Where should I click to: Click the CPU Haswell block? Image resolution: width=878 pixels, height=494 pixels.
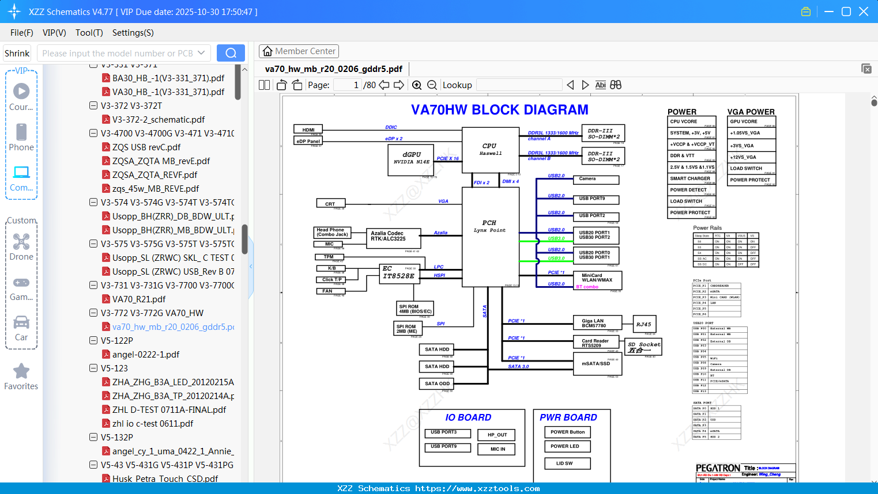(x=490, y=150)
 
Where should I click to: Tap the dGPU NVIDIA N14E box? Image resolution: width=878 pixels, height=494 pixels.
(x=411, y=158)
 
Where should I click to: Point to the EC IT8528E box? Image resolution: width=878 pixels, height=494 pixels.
(x=398, y=273)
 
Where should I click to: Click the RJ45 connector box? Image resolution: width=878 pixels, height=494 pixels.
(x=644, y=325)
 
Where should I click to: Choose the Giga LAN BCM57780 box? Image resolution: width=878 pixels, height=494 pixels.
(x=597, y=323)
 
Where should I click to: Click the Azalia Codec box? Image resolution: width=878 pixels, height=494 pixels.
(x=393, y=237)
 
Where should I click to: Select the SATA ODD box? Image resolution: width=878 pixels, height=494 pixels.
(x=437, y=383)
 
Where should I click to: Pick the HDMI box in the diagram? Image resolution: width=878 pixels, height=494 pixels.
(x=308, y=130)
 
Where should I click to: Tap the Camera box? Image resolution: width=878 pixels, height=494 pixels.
(x=598, y=179)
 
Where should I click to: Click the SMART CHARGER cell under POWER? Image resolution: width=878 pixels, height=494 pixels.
(x=691, y=179)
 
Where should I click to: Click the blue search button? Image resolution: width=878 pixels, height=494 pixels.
(x=231, y=53)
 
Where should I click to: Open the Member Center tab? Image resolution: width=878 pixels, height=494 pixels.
(x=299, y=51)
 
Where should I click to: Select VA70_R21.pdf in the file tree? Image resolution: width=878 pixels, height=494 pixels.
(x=138, y=299)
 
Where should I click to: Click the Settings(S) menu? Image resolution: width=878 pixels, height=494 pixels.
(x=133, y=33)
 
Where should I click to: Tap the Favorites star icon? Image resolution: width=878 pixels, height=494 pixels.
(x=21, y=371)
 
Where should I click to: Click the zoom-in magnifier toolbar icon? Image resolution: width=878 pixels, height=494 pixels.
(x=417, y=85)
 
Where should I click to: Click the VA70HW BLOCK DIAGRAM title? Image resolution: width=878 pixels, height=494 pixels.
(x=499, y=109)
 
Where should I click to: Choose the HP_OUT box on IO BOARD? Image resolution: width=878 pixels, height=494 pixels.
(x=496, y=435)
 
